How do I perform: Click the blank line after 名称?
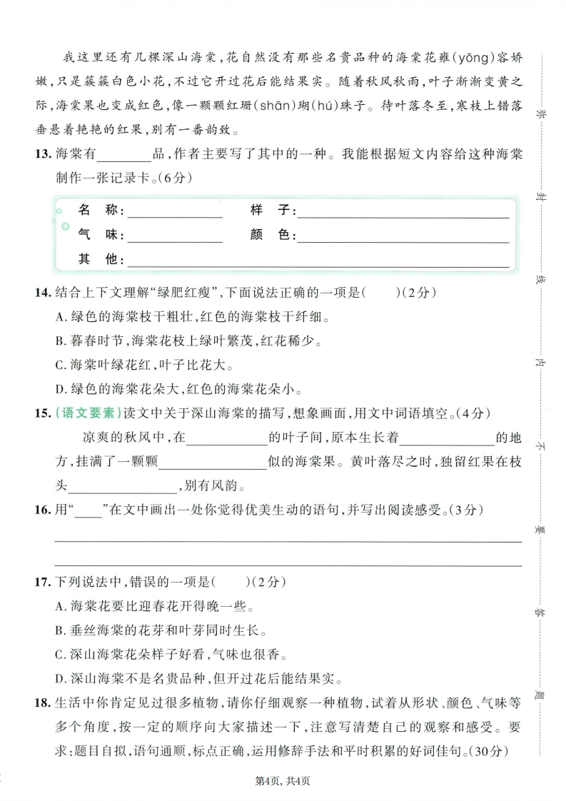pos(175,211)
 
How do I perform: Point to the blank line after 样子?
pos(403,211)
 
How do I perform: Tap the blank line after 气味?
pos(175,236)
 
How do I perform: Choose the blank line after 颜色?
pos(403,236)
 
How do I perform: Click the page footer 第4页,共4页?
pos(283,780)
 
